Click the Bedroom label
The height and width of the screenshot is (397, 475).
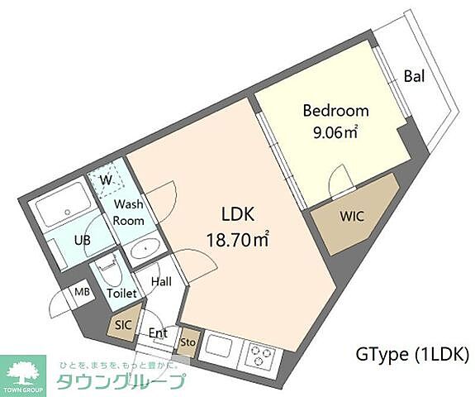point(335,111)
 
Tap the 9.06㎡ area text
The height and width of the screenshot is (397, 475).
point(335,130)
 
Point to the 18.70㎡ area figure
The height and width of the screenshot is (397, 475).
point(238,240)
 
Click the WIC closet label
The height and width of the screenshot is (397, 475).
point(352,216)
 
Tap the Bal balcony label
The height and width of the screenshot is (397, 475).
point(414,78)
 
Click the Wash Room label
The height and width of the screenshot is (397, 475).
point(129,213)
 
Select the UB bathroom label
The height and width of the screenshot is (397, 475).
point(82,240)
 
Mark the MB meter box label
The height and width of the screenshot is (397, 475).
point(83,291)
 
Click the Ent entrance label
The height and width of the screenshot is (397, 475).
point(158,334)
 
